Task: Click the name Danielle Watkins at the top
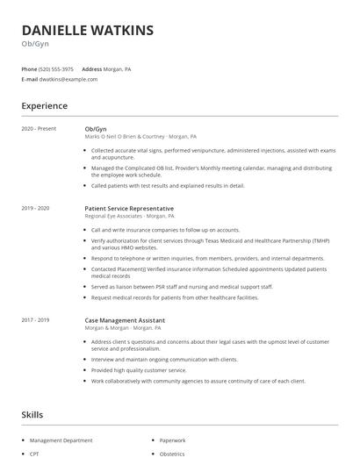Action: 87,31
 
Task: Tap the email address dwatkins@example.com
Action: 68,79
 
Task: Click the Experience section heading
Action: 44,106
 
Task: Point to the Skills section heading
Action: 32,414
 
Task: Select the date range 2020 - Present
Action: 39,129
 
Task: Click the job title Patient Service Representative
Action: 129,208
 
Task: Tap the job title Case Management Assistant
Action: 126,321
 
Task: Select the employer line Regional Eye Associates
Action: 129,216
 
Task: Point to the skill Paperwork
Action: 172,440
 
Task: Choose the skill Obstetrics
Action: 172,454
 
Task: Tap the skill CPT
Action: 35,454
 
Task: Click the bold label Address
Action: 91,68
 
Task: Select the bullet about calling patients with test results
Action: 168,186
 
